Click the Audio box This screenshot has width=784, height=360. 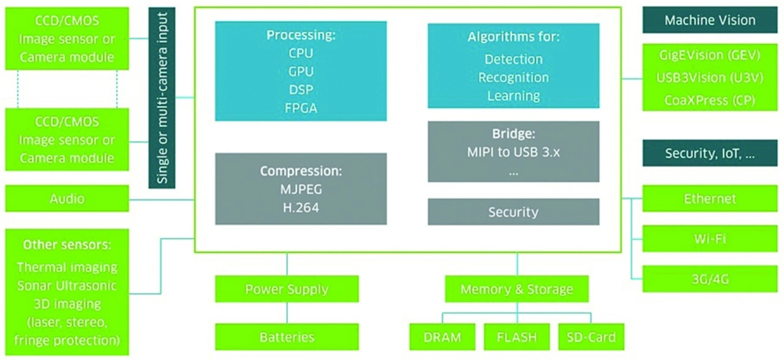coord(67,198)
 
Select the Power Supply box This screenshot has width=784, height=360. coord(287,289)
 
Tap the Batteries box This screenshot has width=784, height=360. coord(287,337)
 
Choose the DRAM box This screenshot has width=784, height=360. coord(443,337)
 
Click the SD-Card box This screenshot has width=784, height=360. coord(591,337)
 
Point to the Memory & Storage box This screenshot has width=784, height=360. coord(517,289)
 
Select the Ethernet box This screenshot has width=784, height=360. coord(710,199)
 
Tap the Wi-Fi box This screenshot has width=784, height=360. coord(710,238)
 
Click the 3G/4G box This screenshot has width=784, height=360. coord(710,279)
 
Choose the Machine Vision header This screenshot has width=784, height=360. coord(710,20)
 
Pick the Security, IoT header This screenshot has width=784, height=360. coord(710,154)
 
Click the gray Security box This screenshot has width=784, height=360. coord(513,212)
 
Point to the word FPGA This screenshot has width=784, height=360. coord(301,108)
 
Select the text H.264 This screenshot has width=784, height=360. coord(301,208)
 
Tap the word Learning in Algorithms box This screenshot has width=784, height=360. coord(513,96)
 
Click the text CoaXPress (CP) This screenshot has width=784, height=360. coord(710,100)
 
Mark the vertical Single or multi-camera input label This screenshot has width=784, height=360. coord(162,98)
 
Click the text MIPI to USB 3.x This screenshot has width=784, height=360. coord(513,152)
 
